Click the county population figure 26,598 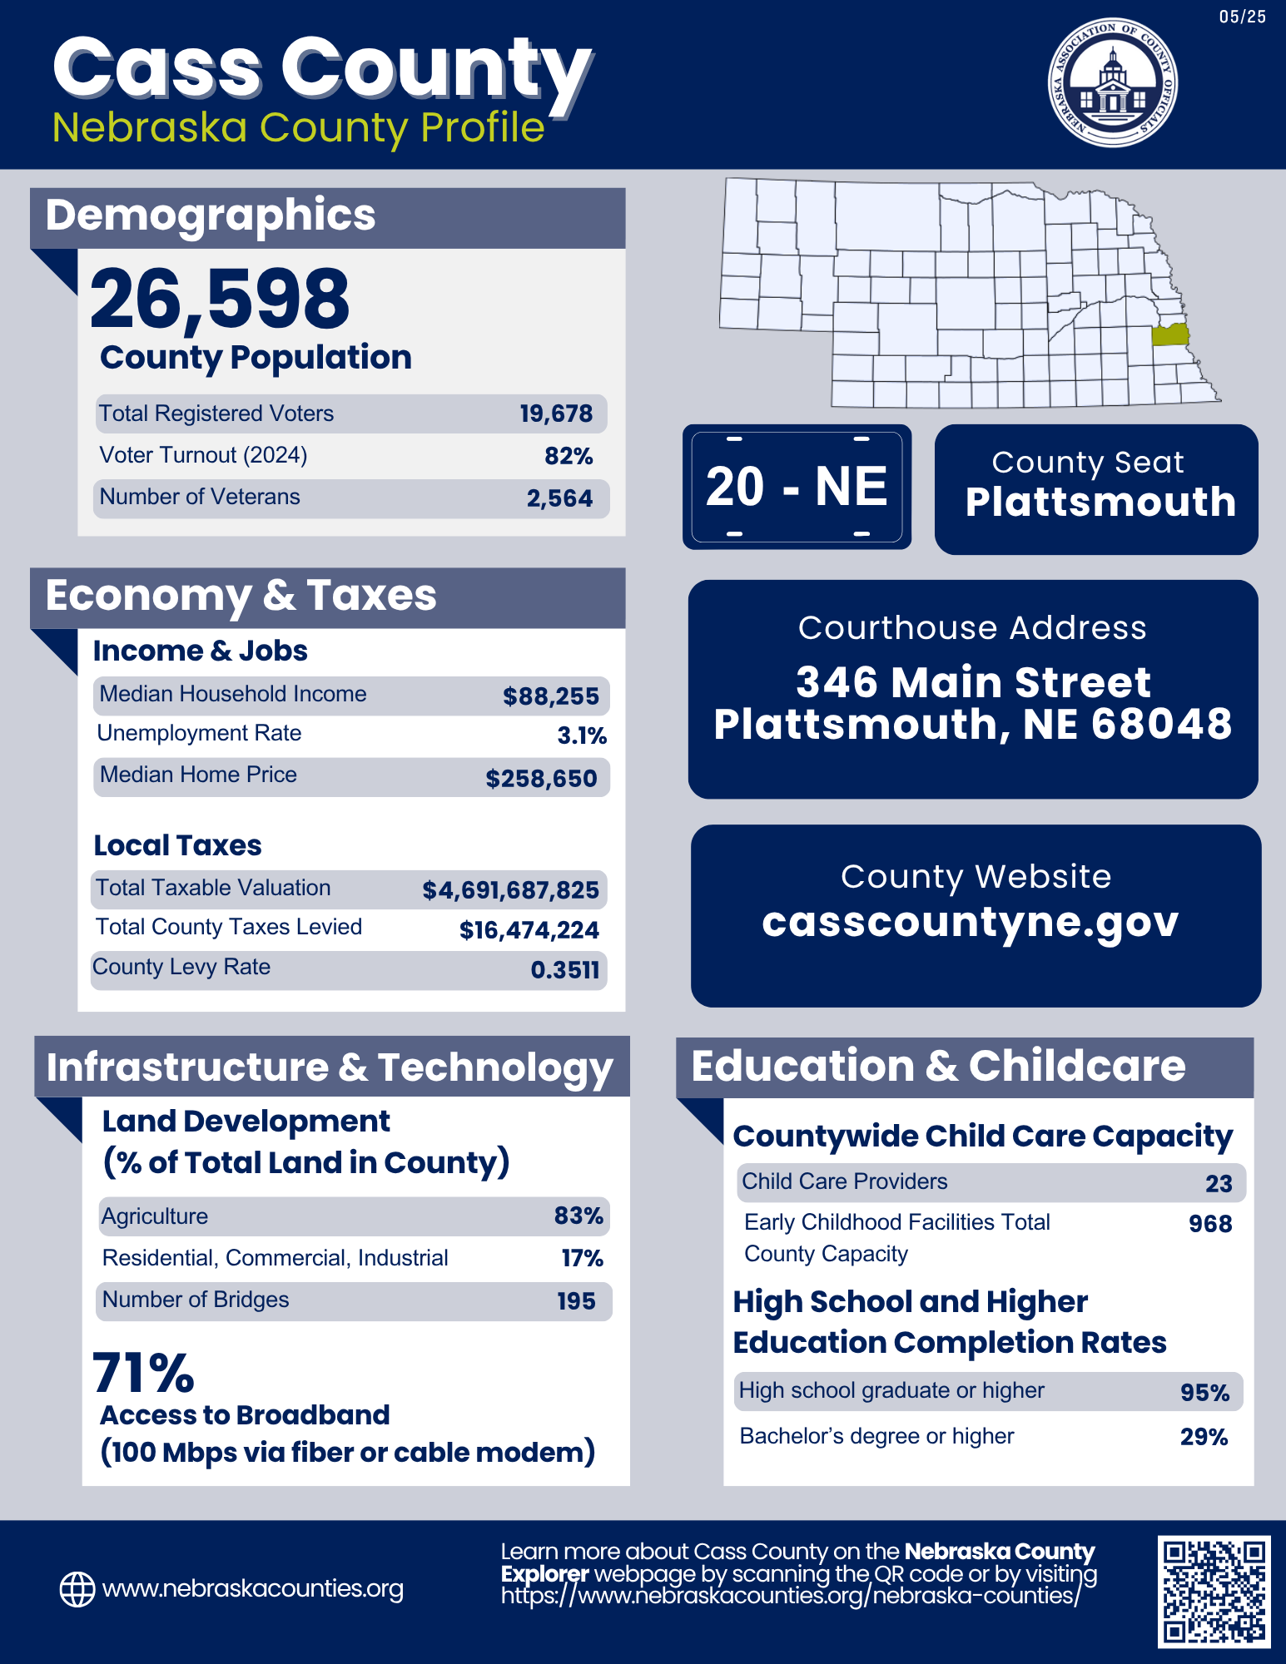[220, 299]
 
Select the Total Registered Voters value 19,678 [556, 414]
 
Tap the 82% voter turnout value [569, 456]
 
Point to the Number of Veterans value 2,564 [559, 498]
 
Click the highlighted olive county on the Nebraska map [1169, 334]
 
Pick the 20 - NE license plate [797, 487]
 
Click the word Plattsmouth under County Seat [1100, 502]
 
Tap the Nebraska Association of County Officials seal [1112, 82]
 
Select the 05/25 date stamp [1242, 17]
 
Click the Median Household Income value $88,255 [550, 696]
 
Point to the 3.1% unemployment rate [581, 735]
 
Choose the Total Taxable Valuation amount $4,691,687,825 [510, 890]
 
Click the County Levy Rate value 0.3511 [564, 970]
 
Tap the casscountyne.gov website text [970, 921]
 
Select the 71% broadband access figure [143, 1373]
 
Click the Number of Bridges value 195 [576, 1301]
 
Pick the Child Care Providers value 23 [1219, 1184]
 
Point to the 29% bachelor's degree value [1204, 1437]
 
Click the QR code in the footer [1214, 1591]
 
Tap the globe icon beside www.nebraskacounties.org [77, 1589]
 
